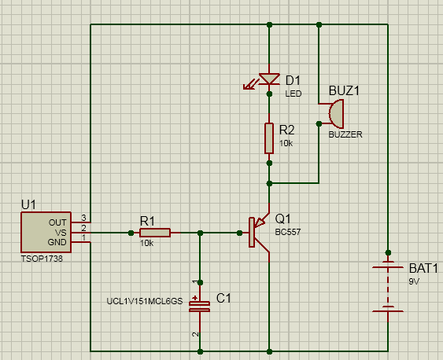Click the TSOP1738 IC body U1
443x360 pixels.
click(46, 232)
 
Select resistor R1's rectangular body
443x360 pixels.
click(155, 233)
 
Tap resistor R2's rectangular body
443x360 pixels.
click(269, 138)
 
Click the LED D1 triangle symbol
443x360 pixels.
click(269, 79)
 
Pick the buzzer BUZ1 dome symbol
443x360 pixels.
click(336, 114)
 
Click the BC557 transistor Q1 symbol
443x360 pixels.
click(259, 233)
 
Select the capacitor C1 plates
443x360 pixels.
click(199, 307)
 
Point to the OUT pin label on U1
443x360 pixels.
click(57, 222)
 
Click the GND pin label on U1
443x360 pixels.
click(57, 242)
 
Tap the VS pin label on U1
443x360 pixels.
click(61, 233)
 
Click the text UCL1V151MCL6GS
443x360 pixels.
click(145, 301)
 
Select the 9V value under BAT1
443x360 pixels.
click(414, 281)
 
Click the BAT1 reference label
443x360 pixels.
click(423, 268)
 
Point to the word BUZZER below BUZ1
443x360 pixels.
click(345, 134)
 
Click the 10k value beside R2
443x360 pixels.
click(286, 143)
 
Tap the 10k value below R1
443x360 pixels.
click(146, 243)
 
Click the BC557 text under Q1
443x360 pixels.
click(288, 232)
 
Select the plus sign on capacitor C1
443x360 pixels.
click(194, 298)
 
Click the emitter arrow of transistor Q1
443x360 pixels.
click(260, 223)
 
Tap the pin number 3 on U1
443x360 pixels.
click(83, 218)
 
